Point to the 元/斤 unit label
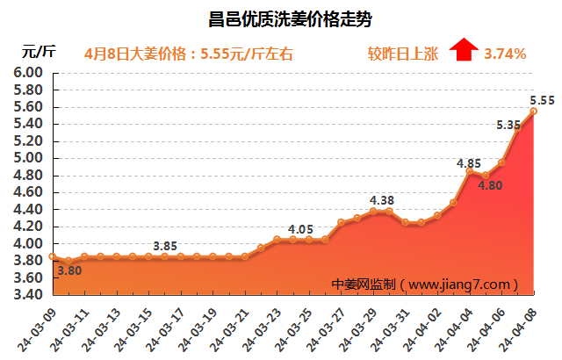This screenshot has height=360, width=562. [39, 53]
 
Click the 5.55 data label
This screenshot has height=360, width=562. [541, 98]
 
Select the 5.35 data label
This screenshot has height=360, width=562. [508, 125]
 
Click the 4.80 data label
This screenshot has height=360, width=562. [490, 184]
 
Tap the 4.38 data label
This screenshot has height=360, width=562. [381, 199]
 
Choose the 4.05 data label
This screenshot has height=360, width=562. [301, 229]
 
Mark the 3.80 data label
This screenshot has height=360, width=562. [69, 271]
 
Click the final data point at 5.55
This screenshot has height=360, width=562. [534, 110]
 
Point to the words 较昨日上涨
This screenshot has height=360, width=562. [402, 54]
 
